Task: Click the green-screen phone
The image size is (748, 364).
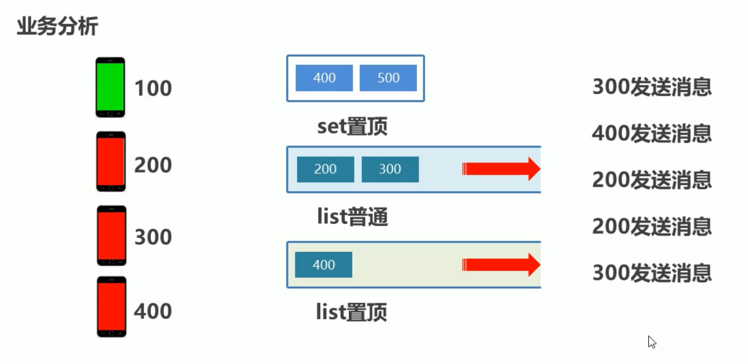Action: pyautogui.click(x=110, y=87)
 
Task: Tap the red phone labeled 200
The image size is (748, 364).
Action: pyautogui.click(x=111, y=162)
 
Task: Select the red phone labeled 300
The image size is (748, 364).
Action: pyautogui.click(x=111, y=236)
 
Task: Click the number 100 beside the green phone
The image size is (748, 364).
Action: pyautogui.click(x=153, y=88)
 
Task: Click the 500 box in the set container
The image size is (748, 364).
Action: pyautogui.click(x=388, y=78)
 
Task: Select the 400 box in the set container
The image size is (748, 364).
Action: pyautogui.click(x=324, y=78)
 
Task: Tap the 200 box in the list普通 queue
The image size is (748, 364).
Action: pyautogui.click(x=325, y=169)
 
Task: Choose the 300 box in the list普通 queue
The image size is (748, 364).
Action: pyautogui.click(x=390, y=169)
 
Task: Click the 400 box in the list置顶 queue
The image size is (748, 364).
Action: pyautogui.click(x=323, y=265)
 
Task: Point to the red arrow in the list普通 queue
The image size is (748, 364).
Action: pyautogui.click(x=501, y=169)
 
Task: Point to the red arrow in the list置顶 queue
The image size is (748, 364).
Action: pyautogui.click(x=501, y=265)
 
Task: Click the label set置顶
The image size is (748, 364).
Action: pyautogui.click(x=352, y=126)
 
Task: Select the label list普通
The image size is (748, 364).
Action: pyautogui.click(x=352, y=217)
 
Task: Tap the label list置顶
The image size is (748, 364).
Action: pyautogui.click(x=351, y=312)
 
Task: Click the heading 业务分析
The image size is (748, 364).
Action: pyautogui.click(x=57, y=26)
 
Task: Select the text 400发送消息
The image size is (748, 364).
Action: pyautogui.click(x=652, y=133)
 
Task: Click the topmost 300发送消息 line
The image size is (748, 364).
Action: pyautogui.click(x=652, y=87)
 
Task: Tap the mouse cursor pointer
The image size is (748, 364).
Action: pyautogui.click(x=652, y=342)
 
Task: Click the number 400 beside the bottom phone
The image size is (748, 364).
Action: pyautogui.click(x=153, y=311)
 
